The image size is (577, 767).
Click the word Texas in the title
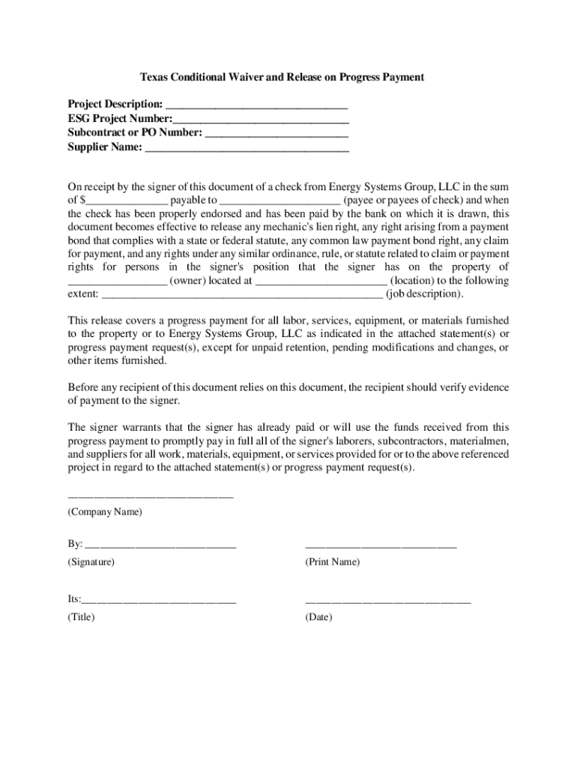click(155, 77)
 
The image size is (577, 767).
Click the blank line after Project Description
click(256, 104)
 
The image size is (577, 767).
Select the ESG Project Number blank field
click(261, 118)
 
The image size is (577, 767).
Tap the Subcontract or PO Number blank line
click(277, 133)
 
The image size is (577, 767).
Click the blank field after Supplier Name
click(247, 147)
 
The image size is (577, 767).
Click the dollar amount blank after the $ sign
click(127, 201)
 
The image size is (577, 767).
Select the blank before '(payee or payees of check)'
click(280, 201)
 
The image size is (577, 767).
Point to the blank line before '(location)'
click(321, 281)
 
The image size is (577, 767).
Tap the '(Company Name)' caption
click(105, 512)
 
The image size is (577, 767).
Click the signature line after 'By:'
click(161, 545)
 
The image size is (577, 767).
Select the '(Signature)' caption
click(91, 562)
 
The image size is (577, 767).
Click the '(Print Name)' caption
click(332, 562)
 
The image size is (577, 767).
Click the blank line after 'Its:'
click(159, 601)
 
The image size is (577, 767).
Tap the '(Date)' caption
click(318, 617)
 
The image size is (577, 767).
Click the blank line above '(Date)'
click(388, 601)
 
